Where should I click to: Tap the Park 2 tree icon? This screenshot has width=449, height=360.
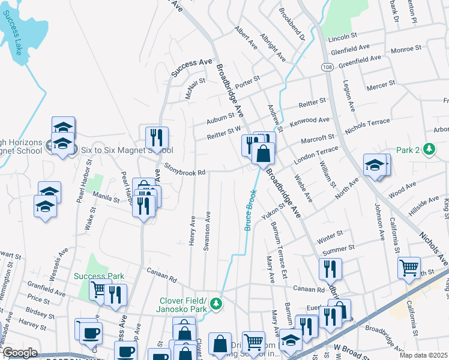pos(429,148)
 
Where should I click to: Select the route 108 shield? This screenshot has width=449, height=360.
pos(327,66)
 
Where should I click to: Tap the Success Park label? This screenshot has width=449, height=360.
pos(99,277)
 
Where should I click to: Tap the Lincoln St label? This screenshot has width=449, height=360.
pos(343,37)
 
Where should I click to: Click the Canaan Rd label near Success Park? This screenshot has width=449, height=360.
pos(161,275)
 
